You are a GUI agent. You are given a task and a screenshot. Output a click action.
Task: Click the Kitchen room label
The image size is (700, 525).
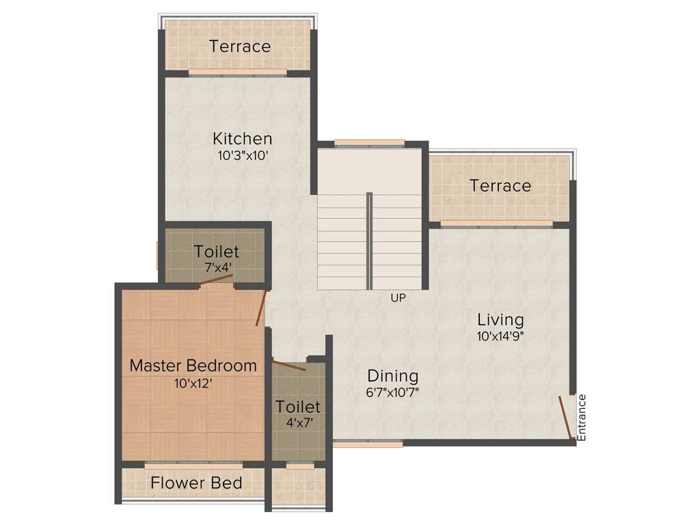pyautogui.click(x=242, y=138)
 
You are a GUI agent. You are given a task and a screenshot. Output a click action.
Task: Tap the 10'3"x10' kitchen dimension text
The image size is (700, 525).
pyautogui.click(x=242, y=155)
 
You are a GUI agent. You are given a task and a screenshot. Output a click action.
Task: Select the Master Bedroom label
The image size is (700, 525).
pyautogui.click(x=193, y=366)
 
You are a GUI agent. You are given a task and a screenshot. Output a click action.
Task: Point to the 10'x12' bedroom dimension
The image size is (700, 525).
pyautogui.click(x=193, y=383)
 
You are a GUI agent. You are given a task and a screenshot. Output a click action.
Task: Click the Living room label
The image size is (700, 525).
pyautogui.click(x=500, y=319)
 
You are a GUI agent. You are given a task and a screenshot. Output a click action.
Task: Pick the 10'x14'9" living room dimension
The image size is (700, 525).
pyautogui.click(x=500, y=336)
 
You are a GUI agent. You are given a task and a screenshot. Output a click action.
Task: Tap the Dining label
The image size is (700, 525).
pyautogui.click(x=392, y=376)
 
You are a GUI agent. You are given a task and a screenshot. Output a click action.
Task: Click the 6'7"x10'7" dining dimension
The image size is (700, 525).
pyautogui.click(x=392, y=393)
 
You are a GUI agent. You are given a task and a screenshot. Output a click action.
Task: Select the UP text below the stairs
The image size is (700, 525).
pyautogui.click(x=398, y=298)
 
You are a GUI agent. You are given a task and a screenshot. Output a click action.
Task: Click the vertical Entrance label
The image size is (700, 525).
pyautogui.click(x=582, y=417)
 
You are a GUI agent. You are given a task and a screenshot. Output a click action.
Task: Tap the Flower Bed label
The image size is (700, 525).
pyautogui.click(x=196, y=483)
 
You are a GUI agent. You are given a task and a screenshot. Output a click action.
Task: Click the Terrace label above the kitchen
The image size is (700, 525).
pyautogui.click(x=240, y=46)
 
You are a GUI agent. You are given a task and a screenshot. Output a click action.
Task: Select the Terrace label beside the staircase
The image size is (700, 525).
pyautogui.click(x=500, y=186)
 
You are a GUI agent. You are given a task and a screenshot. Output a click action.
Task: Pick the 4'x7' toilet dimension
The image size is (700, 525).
pyautogui.click(x=298, y=423)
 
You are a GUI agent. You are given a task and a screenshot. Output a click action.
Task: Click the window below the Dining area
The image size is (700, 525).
pyautogui.click(x=368, y=444)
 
